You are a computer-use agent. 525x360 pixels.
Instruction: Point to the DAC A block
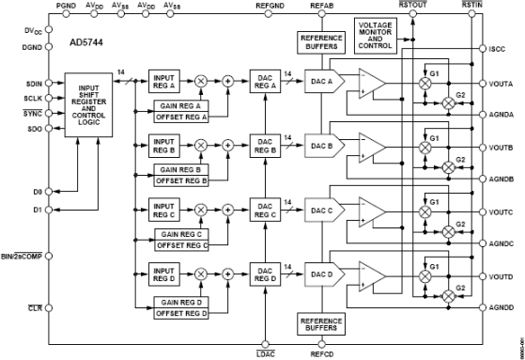point(321,82)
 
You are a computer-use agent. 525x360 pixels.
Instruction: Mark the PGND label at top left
point(66,6)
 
